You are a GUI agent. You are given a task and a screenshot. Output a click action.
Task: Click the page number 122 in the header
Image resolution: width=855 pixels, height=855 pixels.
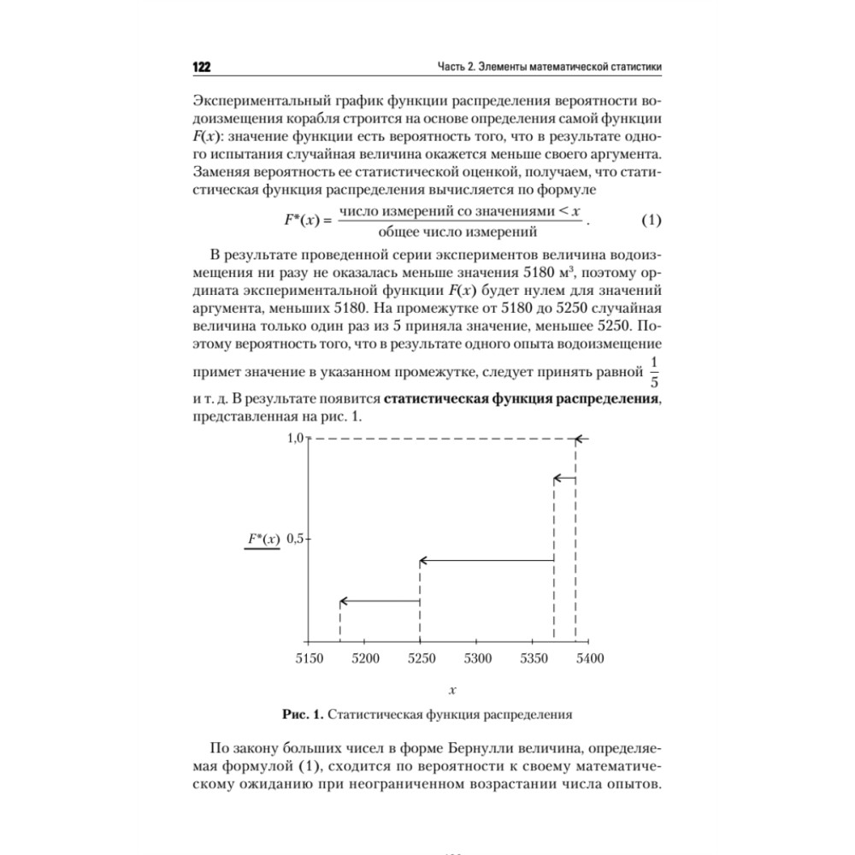[x=202, y=68]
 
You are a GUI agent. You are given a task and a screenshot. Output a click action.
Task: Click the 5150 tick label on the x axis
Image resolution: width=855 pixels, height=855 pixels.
[x=310, y=658]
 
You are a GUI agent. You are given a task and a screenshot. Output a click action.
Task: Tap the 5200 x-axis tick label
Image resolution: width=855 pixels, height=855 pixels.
[x=365, y=658]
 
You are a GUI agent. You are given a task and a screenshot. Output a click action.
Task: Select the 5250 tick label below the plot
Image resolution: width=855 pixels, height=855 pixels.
[x=421, y=658]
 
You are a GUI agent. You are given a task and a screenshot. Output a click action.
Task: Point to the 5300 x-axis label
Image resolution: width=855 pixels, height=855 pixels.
[x=477, y=658]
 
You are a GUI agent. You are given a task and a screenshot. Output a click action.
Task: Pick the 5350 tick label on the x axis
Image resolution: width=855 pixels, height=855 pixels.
[x=534, y=658]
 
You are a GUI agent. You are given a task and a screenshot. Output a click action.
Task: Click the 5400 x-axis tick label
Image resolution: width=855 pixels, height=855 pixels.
[x=589, y=658]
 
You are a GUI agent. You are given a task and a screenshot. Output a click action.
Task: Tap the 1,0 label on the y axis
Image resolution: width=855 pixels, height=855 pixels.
[x=295, y=438]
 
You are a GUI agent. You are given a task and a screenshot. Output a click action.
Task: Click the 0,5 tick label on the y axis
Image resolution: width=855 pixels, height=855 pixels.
[x=296, y=539]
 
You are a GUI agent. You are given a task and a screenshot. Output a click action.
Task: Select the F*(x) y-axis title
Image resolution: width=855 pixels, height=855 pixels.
[x=262, y=539]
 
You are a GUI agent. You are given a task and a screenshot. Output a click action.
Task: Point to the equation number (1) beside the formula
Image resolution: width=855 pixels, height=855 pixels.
[x=652, y=221]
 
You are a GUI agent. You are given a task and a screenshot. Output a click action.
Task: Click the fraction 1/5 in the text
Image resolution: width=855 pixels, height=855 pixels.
[x=654, y=373]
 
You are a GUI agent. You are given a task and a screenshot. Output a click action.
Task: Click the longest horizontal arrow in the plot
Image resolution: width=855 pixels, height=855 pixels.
[x=486, y=561]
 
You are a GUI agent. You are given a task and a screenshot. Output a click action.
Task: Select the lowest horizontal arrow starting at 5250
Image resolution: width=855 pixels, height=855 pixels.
[x=380, y=601]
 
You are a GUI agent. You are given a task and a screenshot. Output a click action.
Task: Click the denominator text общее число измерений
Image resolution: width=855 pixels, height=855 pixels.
[x=461, y=231]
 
